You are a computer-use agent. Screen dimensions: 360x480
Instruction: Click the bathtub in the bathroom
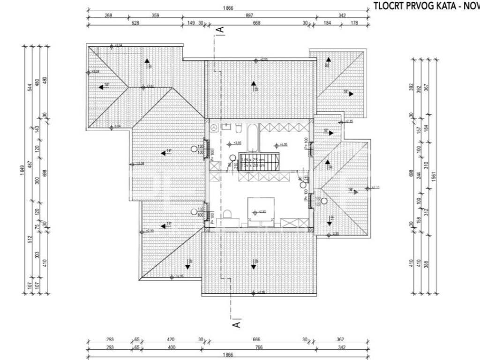tap(252, 138)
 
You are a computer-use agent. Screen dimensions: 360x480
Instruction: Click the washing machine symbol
tap(214, 127)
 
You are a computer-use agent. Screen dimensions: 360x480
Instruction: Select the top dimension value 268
tap(108, 15)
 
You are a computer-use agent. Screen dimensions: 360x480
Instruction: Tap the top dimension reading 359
tap(156, 15)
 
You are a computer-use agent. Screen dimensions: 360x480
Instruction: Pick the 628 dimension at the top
tap(136, 22)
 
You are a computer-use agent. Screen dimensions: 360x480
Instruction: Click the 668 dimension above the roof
tap(256, 22)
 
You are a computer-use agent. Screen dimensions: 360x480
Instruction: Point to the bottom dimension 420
tap(171, 339)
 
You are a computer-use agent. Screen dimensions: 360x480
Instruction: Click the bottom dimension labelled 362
tap(340, 339)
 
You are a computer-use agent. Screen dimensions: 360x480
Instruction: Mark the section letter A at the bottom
tap(237, 323)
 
